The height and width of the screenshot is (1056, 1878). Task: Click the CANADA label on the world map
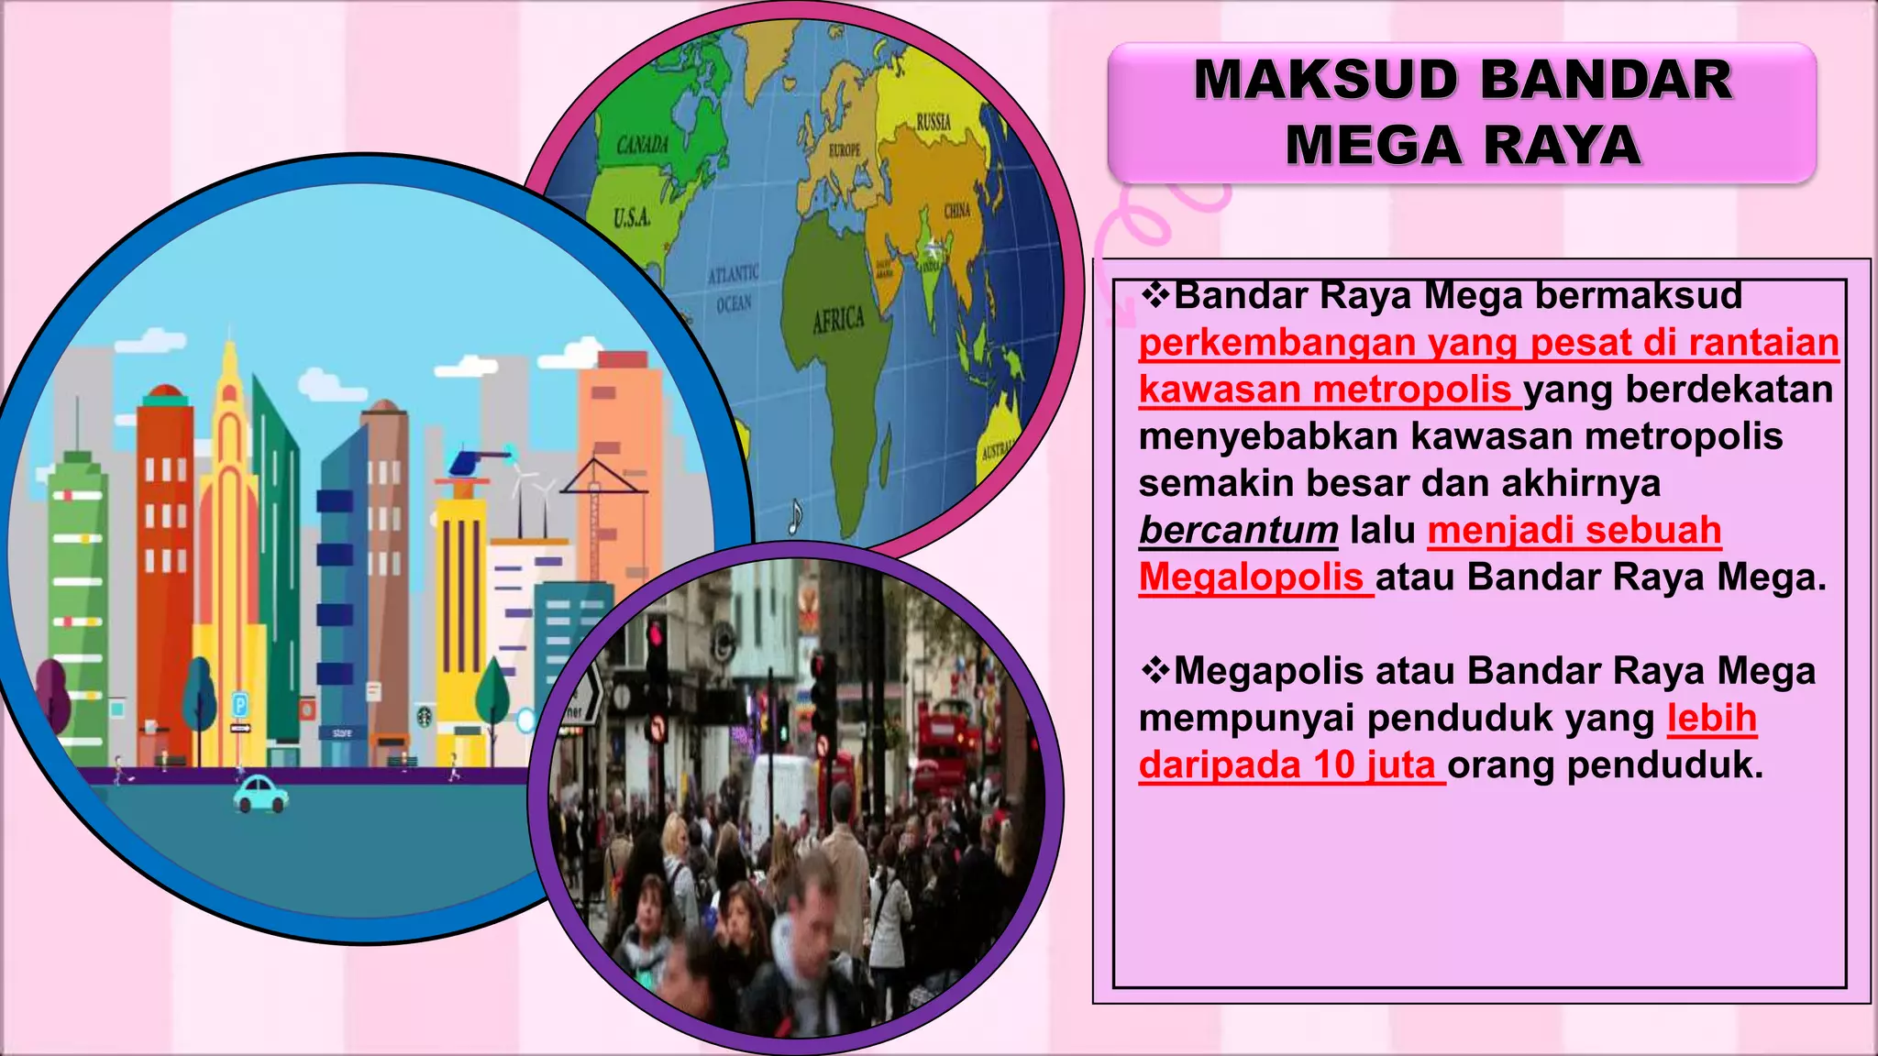coord(643,145)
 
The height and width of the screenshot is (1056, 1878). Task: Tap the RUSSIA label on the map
coord(933,122)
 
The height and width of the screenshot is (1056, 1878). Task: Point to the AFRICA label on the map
coord(838,320)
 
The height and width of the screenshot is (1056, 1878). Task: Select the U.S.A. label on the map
coord(632,218)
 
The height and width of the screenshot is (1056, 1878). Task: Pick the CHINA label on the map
coord(957,211)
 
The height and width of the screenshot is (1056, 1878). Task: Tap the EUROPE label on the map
coord(845,149)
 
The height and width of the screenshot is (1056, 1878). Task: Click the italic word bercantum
coord(1238,531)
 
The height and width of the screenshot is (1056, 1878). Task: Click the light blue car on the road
coord(260,794)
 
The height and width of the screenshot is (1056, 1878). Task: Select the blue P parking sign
coord(239,705)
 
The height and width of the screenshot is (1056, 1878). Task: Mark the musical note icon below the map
coord(795,517)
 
